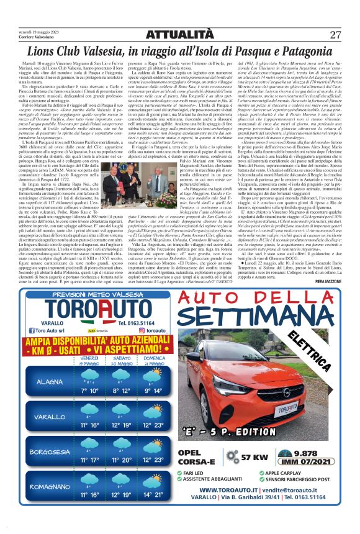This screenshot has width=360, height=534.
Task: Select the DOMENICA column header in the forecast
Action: point(154,360)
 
